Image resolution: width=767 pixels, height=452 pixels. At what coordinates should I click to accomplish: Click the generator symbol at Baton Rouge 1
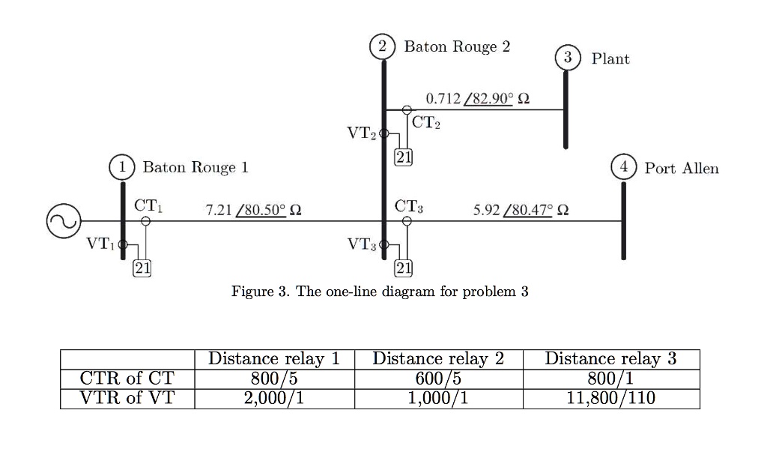[x=63, y=221]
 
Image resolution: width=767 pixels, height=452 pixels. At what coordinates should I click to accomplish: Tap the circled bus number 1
[x=122, y=167]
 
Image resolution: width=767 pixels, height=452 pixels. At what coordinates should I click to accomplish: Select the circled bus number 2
[x=383, y=46]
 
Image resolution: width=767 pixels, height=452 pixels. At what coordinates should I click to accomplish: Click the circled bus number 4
[x=622, y=168]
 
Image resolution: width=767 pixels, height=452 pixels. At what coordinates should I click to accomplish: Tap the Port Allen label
[x=681, y=169]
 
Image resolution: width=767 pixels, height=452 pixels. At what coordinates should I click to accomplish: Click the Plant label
[x=610, y=58]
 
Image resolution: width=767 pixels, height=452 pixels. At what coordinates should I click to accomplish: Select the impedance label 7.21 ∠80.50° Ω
[x=253, y=210]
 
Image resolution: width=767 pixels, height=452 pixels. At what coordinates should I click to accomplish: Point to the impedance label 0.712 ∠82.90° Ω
[x=477, y=99]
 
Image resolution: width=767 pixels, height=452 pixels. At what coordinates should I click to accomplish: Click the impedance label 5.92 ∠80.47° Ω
[x=521, y=210]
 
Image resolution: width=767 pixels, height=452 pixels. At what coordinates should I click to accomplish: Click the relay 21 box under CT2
[x=403, y=157]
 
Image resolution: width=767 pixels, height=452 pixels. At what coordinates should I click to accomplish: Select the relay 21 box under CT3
[x=403, y=268]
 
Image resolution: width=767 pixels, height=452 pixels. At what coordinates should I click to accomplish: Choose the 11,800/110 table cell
[x=611, y=398]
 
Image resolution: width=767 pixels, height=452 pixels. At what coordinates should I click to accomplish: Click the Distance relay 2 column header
[x=438, y=359]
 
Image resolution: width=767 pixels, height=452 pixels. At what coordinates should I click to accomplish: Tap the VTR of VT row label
[x=127, y=398]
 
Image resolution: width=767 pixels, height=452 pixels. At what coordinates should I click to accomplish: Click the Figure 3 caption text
[x=380, y=292]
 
